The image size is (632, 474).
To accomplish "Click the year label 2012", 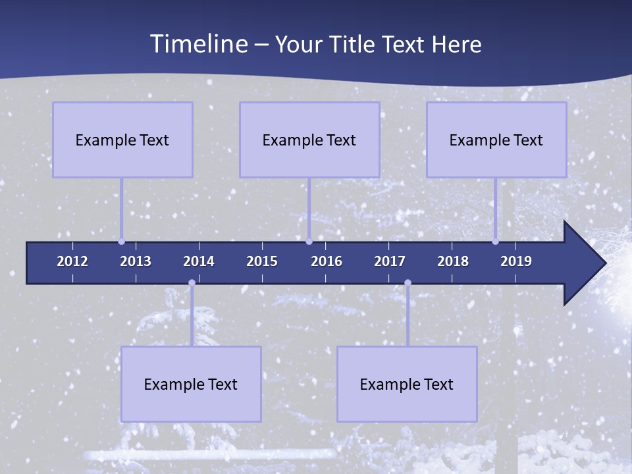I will click(x=72, y=261).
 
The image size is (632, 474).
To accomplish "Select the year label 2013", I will click(x=136, y=261).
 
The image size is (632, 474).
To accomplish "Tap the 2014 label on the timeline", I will click(x=199, y=261).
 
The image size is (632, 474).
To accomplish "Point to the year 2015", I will click(x=262, y=261).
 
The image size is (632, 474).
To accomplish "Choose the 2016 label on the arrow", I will click(x=327, y=261).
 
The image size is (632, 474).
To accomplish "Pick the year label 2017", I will click(x=390, y=261).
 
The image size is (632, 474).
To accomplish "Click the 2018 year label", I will click(x=453, y=261).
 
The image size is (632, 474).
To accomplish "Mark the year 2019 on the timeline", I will click(x=516, y=261).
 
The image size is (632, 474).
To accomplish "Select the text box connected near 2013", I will click(x=122, y=140).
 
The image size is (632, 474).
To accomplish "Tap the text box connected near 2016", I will click(x=309, y=140).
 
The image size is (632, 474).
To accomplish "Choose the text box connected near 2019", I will click(x=496, y=140).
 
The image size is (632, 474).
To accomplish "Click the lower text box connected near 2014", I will click(x=191, y=384).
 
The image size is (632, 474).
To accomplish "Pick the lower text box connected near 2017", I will click(x=407, y=384).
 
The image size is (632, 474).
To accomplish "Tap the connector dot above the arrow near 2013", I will click(x=121, y=242).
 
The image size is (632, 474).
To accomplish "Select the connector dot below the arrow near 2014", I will click(x=192, y=283).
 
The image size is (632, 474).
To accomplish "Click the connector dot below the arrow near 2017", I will click(x=408, y=283).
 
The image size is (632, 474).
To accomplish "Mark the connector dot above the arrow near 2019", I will click(x=495, y=242).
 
